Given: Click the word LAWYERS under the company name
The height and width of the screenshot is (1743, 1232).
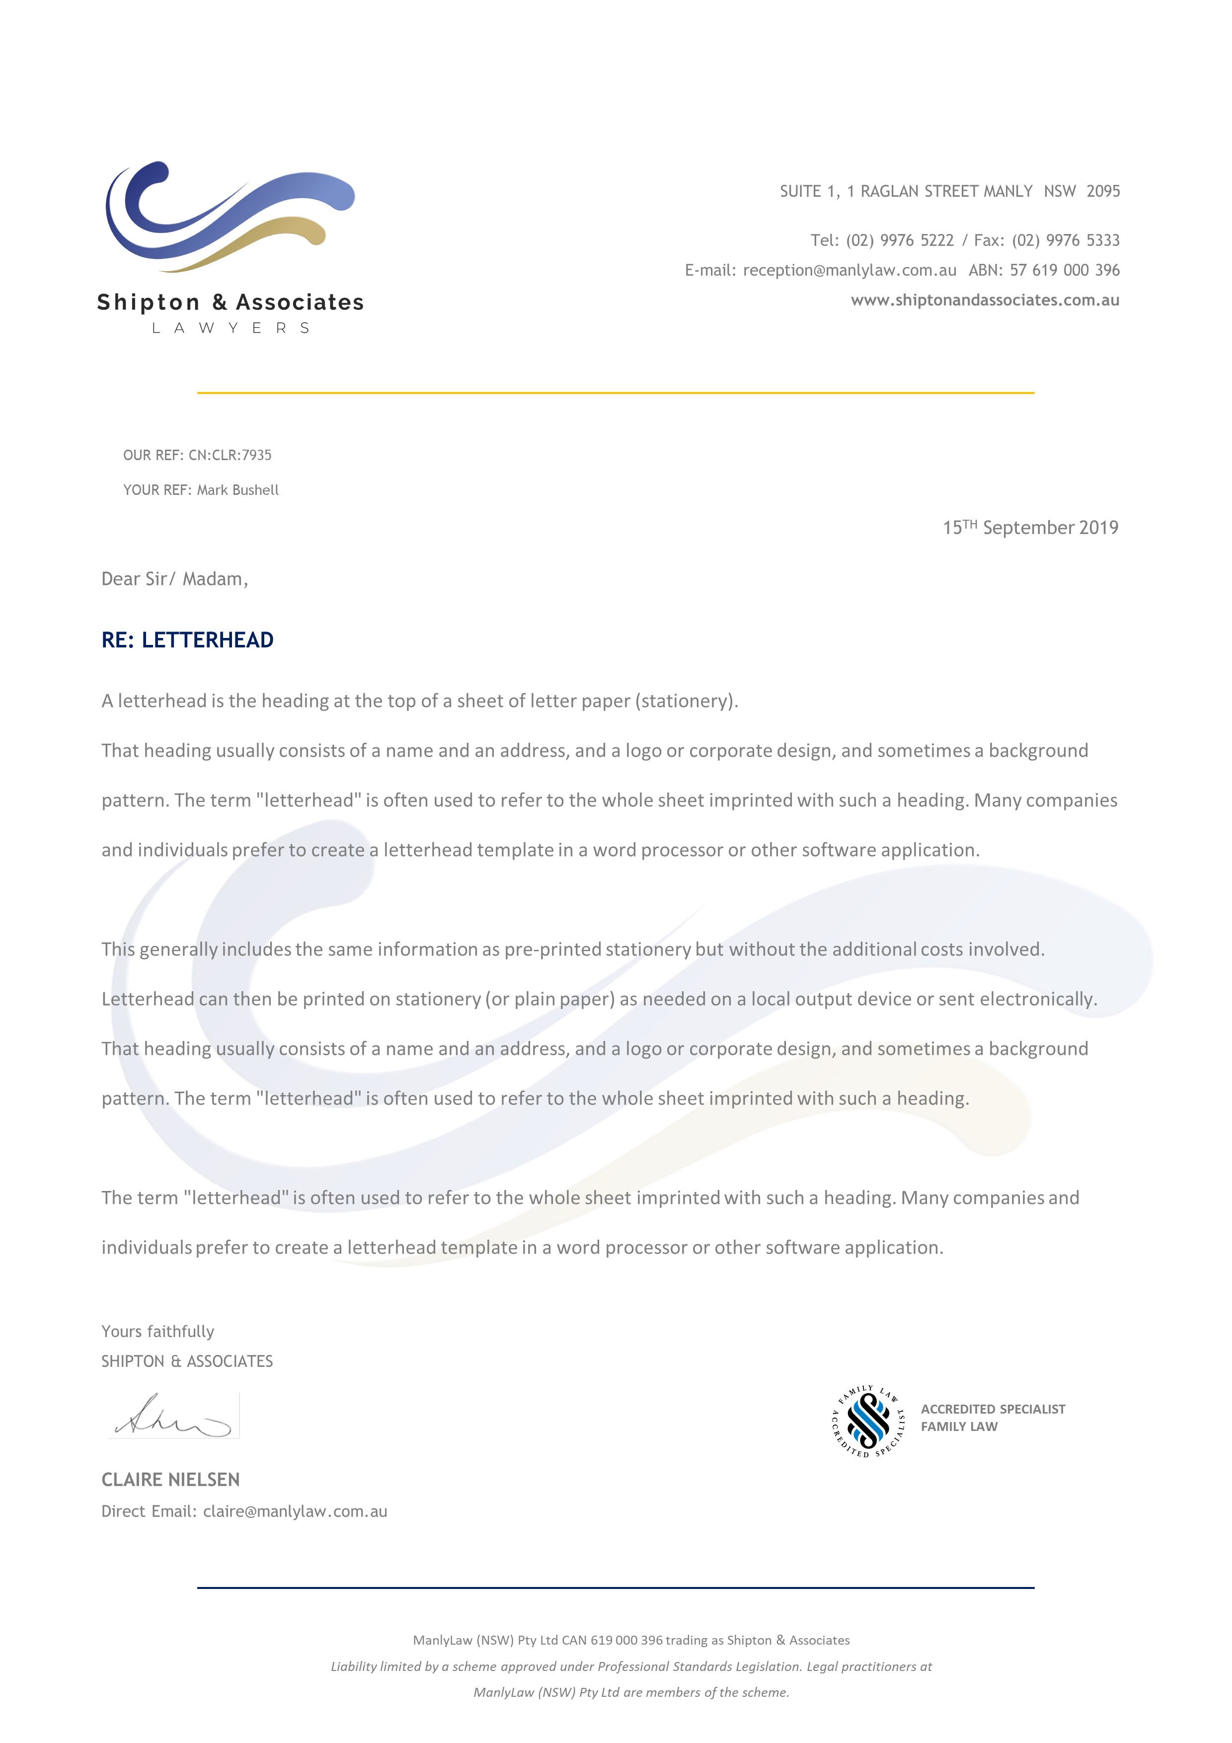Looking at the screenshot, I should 231,328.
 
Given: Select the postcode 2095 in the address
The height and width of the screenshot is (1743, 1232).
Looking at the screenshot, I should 1102,191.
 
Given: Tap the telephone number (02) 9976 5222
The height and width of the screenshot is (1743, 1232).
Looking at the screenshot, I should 900,240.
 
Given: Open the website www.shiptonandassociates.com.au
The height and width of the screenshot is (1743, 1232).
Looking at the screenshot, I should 985,300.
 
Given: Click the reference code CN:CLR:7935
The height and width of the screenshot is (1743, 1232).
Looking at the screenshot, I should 230,456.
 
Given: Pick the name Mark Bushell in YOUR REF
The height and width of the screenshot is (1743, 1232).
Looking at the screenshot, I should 237,490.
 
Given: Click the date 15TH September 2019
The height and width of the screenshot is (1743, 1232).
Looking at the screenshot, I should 1030,528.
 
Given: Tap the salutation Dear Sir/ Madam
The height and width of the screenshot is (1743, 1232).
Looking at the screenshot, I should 174,579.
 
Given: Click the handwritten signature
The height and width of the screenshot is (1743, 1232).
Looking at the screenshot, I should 173,1417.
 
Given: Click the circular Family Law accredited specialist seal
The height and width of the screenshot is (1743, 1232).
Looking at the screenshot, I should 868,1421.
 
